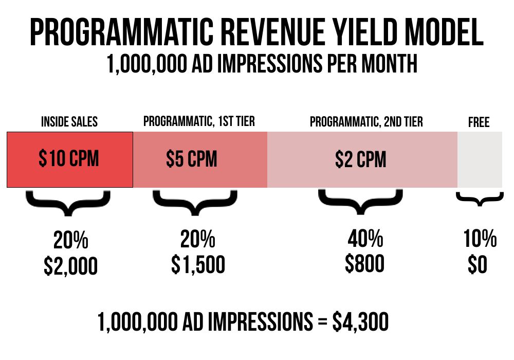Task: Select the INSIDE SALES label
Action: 69,122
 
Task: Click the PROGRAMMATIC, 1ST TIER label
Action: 199,121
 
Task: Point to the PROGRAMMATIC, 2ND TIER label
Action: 366,122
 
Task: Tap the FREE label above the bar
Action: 479,122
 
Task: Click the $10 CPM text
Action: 69,159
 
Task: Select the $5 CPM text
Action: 191,159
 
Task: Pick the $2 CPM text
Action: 361,159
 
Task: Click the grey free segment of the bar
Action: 480,159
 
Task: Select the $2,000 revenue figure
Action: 70,266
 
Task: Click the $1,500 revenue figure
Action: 198,264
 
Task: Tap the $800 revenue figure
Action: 364,263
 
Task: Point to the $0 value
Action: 478,264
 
